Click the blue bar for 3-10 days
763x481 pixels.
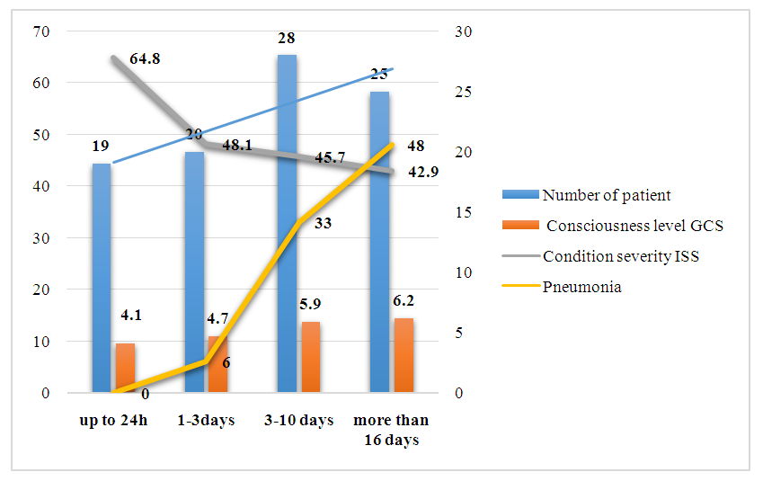[287, 225]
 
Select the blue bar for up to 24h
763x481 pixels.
[102, 279]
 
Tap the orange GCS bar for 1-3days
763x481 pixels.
[218, 364]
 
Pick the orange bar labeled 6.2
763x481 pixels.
[404, 355]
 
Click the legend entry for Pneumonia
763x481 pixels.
[581, 288]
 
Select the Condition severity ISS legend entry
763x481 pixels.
[620, 255]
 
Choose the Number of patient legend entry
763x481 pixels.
[607, 195]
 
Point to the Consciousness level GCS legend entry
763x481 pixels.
[634, 226]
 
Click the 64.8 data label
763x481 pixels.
[146, 60]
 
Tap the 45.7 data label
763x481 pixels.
[332, 158]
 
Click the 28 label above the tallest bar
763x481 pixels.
[287, 39]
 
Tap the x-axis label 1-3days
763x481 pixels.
[207, 421]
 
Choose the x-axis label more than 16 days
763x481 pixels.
[391, 430]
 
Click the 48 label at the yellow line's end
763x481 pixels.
[416, 146]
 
